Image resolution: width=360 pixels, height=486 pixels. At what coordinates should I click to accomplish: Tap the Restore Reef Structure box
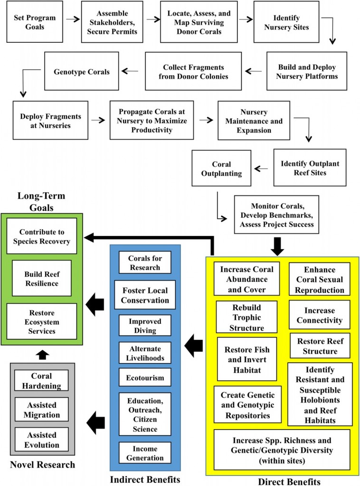pyautogui.click(x=319, y=346)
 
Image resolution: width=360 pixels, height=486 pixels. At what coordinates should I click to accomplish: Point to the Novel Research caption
pyautogui.click(x=43, y=465)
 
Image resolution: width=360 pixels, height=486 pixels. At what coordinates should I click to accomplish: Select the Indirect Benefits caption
pyautogui.click(x=145, y=479)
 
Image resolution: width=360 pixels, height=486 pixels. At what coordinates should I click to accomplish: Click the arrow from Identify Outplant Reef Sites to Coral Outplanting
pyautogui.click(x=262, y=168)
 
